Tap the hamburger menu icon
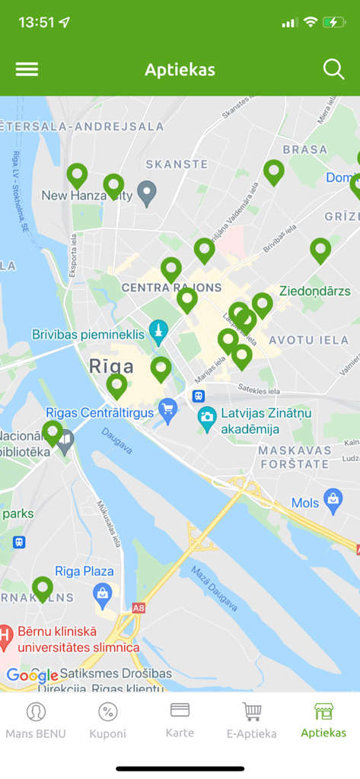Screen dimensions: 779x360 (x=27, y=69)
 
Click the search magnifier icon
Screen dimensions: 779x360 (x=333, y=69)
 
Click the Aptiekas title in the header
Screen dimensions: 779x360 (x=180, y=70)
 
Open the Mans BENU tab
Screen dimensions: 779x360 (x=36, y=720)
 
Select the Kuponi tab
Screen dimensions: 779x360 (x=108, y=720)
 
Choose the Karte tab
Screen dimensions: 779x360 (x=180, y=720)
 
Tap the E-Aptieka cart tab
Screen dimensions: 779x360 (x=252, y=720)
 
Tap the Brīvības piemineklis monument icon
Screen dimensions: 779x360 (x=158, y=332)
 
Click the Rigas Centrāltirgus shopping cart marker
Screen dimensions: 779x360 (x=167, y=412)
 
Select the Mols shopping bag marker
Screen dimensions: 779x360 (x=333, y=500)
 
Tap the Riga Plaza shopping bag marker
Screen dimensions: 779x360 (x=102, y=593)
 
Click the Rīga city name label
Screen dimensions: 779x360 (x=111, y=366)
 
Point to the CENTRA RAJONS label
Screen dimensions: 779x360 (x=171, y=288)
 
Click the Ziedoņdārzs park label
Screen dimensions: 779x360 (x=315, y=291)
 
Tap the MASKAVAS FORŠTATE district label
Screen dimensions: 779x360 (x=295, y=457)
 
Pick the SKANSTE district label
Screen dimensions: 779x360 (x=177, y=164)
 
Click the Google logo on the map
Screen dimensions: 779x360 (x=32, y=676)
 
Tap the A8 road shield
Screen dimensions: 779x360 (x=138, y=609)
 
